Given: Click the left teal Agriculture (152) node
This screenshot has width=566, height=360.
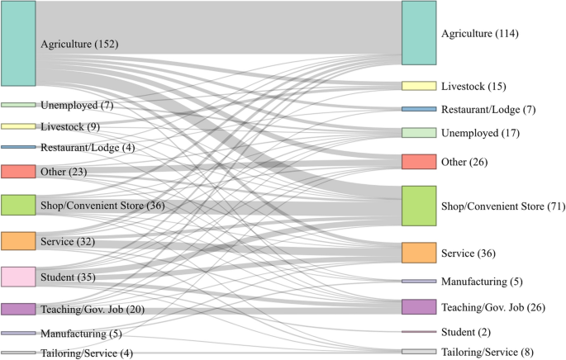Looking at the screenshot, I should (18, 43).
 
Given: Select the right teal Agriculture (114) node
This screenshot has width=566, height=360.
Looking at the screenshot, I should (418, 33).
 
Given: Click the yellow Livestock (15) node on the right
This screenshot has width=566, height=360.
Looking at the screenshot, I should (418, 86).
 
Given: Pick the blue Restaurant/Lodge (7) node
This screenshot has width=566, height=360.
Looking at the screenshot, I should (418, 109).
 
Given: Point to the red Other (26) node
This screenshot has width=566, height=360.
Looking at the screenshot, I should (418, 161).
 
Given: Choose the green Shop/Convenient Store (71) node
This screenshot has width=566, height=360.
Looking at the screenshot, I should (418, 206).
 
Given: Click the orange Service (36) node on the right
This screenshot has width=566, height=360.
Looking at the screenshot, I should (418, 253).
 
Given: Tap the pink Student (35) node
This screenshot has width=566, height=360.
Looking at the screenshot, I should (18, 277).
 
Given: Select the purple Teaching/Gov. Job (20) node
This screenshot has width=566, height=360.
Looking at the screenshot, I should (18, 309).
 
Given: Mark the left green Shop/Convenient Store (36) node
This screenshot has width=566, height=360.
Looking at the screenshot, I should (18, 205).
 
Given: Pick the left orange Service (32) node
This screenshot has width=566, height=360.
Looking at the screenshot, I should (18, 241).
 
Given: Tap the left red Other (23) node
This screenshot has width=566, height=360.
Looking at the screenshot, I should (18, 172).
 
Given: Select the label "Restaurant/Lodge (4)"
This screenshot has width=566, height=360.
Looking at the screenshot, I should (87, 148).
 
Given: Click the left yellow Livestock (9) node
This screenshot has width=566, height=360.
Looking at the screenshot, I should (18, 126).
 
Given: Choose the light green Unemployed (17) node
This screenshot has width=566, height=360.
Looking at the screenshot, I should (418, 133).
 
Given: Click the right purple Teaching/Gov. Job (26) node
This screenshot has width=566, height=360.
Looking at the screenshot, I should (418, 307).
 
